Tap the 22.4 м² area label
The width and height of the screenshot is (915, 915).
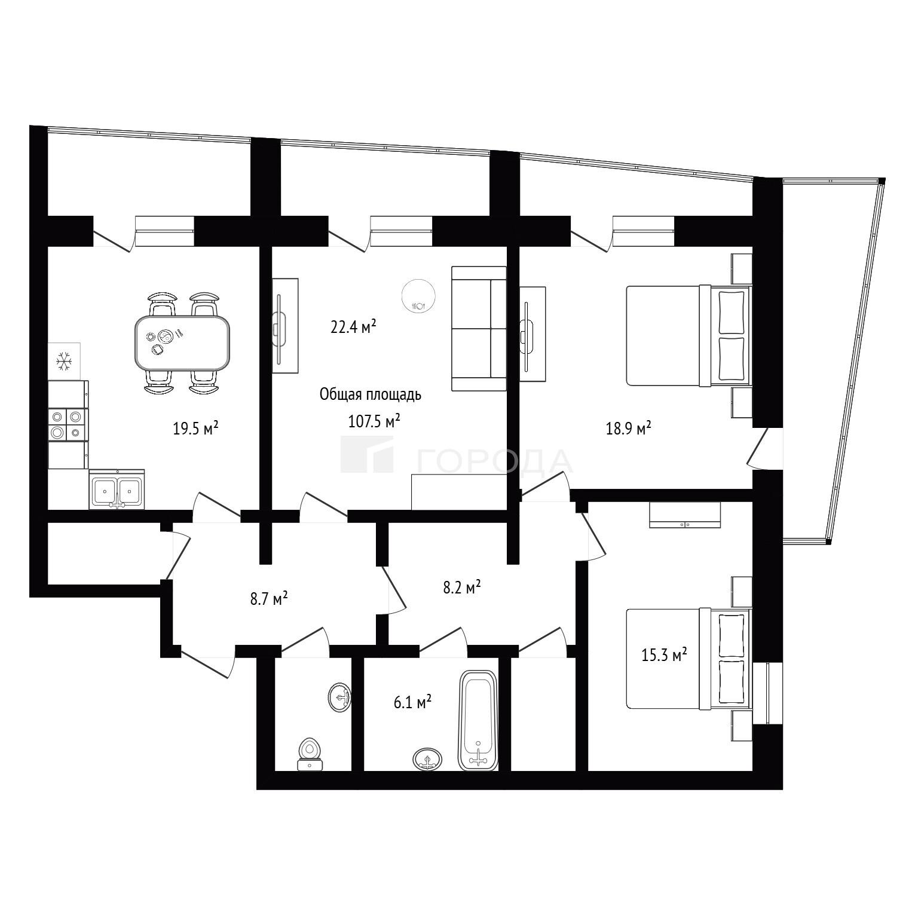(x=353, y=326)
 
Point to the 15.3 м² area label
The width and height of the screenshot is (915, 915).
(x=664, y=655)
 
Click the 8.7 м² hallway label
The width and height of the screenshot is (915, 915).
(x=269, y=598)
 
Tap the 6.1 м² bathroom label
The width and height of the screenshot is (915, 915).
(x=412, y=703)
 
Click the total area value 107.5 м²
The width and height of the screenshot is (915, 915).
(x=374, y=421)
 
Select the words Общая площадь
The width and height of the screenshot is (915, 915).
(x=371, y=395)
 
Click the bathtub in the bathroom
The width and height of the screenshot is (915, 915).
(x=478, y=720)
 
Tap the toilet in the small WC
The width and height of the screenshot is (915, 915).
(x=310, y=755)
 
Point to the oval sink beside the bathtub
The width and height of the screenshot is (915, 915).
(x=427, y=759)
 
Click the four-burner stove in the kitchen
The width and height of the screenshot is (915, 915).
(x=67, y=424)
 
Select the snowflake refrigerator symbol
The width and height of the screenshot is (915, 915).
(x=64, y=360)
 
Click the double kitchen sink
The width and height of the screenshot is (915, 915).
(x=117, y=490)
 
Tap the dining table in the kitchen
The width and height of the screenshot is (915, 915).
(x=182, y=343)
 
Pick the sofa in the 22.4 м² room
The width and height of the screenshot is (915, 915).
(x=479, y=328)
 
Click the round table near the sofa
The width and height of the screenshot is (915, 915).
(x=418, y=296)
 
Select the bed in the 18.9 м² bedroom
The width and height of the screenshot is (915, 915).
(x=688, y=335)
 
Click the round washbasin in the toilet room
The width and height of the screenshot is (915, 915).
(x=340, y=697)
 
